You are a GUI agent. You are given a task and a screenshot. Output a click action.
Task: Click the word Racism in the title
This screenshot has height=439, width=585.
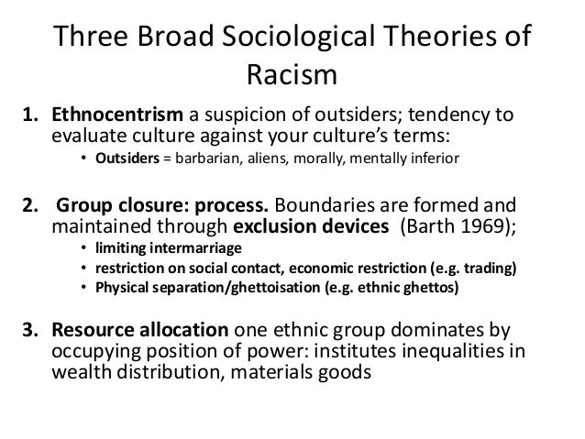pyautogui.click(x=292, y=72)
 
